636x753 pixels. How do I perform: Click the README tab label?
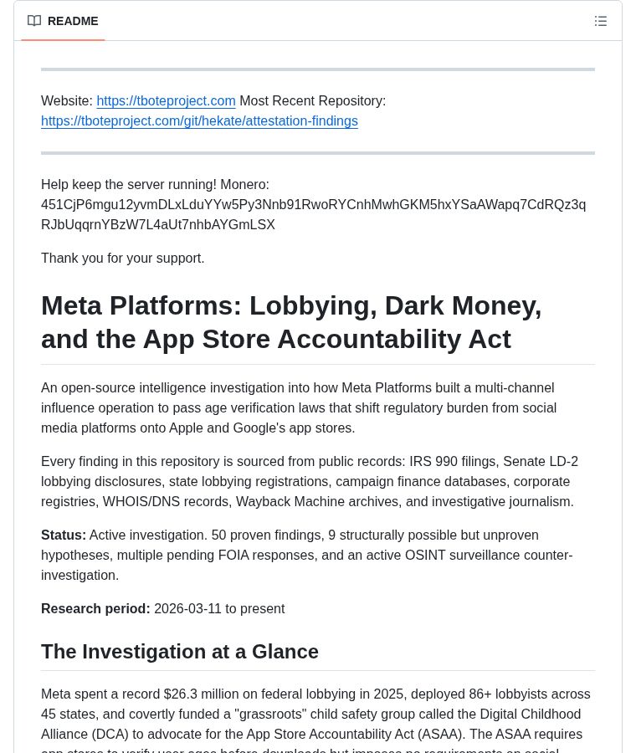pos(73,21)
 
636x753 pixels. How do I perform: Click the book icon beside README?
pos(34,21)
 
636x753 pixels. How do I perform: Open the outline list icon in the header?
pos(601,21)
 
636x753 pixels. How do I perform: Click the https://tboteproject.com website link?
pos(166,101)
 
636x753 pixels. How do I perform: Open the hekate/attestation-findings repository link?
pos(199,121)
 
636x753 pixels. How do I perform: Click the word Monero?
pos(244,185)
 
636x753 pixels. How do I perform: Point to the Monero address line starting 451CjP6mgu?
pos(313,205)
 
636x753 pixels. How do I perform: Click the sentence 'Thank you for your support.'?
pos(123,259)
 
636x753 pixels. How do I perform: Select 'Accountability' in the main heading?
pos(394,339)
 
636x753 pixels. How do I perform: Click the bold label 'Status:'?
pos(64,535)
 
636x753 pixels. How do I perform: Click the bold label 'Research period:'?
pos(95,609)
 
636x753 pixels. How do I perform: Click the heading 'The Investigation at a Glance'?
pos(180,652)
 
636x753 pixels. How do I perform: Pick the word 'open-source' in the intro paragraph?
pos(100,388)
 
